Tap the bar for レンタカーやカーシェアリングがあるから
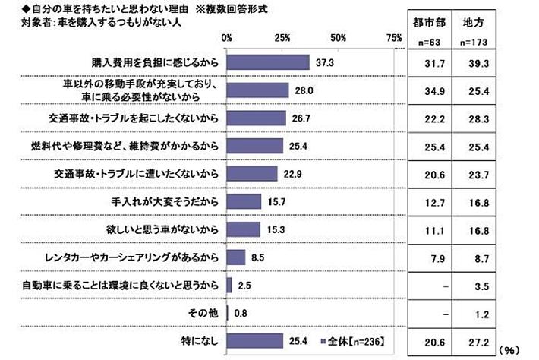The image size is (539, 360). [x=236, y=257]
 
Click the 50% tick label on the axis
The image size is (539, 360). [x=339, y=37]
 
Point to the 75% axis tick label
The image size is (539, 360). [x=394, y=37]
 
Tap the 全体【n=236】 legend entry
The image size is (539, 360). [x=356, y=340]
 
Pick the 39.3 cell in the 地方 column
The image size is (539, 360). [x=484, y=62]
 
